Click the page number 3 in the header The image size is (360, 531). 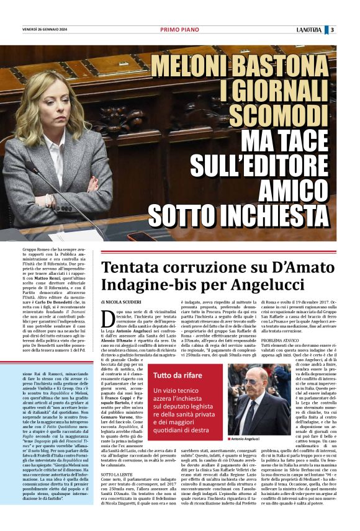coord(332,29)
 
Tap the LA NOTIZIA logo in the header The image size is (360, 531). coord(308,29)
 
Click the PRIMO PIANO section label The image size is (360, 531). coord(179,29)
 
